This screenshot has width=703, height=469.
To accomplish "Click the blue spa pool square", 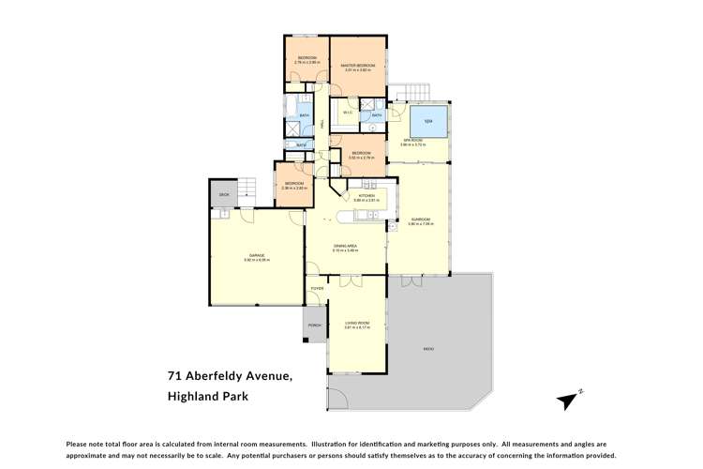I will click(x=428, y=122).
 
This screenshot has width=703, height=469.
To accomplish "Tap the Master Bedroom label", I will click(x=358, y=65).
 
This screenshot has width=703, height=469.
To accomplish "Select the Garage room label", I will click(x=256, y=255).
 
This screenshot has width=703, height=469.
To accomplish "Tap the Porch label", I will click(x=314, y=325).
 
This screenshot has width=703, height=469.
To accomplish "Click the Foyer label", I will click(x=317, y=287).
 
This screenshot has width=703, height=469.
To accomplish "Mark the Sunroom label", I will click(x=419, y=219).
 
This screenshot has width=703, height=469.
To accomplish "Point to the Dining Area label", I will click(x=346, y=246).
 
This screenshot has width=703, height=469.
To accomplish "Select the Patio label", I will click(x=428, y=349).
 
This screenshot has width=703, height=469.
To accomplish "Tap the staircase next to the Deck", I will click(x=246, y=187).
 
